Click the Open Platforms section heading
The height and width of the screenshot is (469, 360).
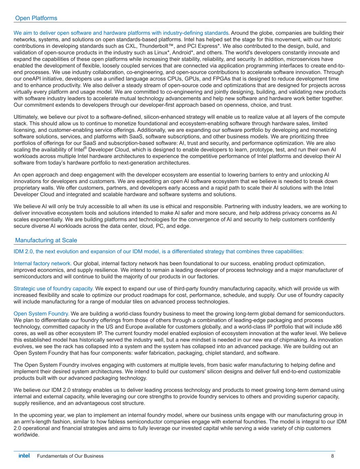36,18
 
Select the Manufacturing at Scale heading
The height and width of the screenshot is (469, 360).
46,241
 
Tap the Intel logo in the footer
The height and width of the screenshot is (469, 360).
24,456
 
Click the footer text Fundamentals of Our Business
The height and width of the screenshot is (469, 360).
70,456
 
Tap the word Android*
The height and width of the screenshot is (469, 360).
182,53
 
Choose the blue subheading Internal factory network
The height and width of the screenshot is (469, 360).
43,264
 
